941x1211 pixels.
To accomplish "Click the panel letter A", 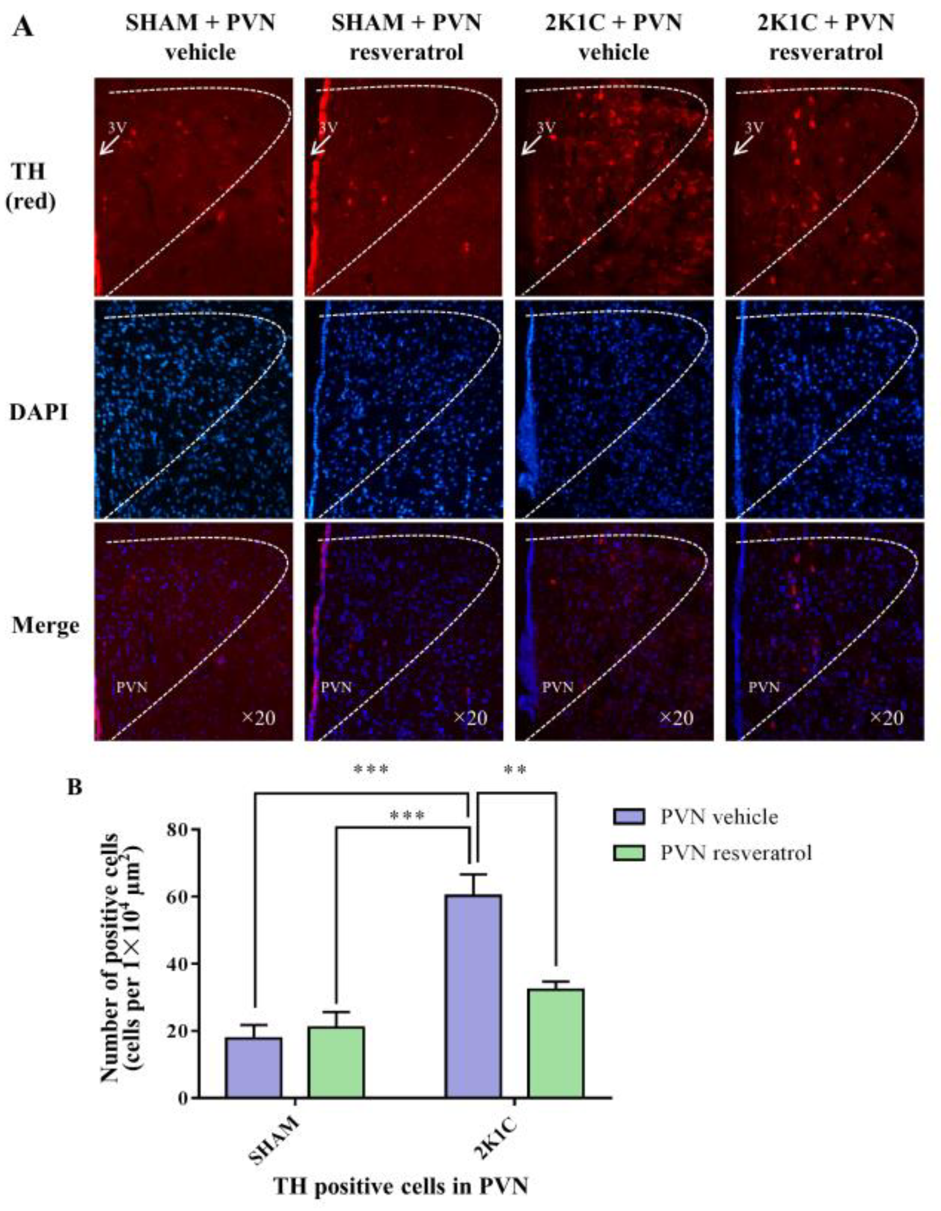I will click(x=23, y=27).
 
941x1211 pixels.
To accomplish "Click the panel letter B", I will click(x=75, y=787).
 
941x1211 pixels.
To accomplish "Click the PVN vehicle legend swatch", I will click(x=629, y=817).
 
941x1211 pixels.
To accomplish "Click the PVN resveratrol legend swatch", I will click(x=629, y=852).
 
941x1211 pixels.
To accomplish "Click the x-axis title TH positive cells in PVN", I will click(x=400, y=1186).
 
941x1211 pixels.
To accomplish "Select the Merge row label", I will click(x=46, y=625).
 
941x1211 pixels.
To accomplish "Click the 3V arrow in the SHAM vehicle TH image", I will click(x=109, y=146).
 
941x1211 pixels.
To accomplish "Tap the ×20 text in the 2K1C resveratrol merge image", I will click(x=886, y=718).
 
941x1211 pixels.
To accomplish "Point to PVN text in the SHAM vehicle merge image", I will click(x=132, y=687).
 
